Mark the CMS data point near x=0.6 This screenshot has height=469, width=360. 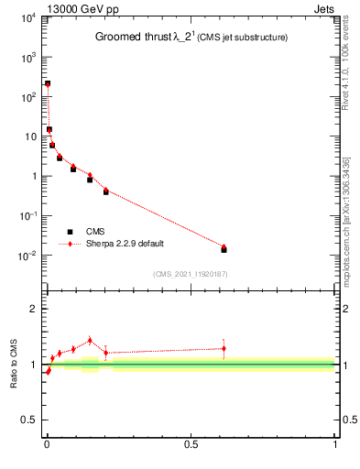pos(224,249)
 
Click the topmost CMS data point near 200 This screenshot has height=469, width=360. pos(47,83)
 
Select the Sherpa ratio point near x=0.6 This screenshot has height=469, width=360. pos(224,348)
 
